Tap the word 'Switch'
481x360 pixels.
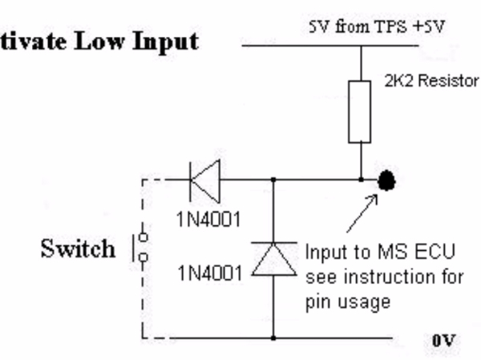click(x=78, y=249)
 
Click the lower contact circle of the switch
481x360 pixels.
click(x=143, y=258)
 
